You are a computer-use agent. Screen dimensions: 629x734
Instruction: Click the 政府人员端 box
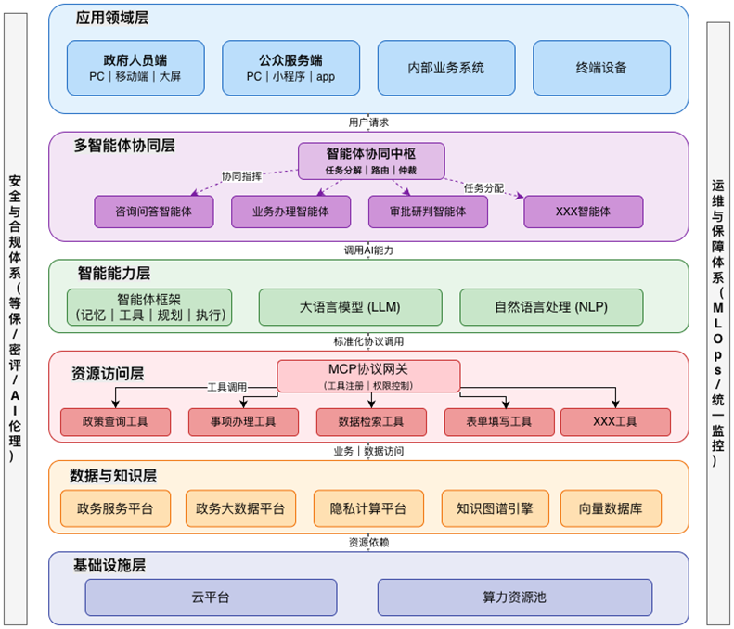(x=136, y=67)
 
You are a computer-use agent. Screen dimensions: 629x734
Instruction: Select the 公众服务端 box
(x=290, y=67)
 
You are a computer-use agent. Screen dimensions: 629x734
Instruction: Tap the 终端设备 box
(x=600, y=67)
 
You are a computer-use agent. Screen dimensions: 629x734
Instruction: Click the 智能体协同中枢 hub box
(x=371, y=160)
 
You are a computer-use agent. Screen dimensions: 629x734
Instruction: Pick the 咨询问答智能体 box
(x=154, y=212)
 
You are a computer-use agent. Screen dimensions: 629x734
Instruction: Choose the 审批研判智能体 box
(x=429, y=212)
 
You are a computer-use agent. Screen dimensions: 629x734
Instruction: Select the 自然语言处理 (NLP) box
(x=551, y=307)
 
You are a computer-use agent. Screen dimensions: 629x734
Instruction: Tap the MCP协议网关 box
(x=368, y=375)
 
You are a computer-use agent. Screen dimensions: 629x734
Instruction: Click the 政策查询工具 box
(x=115, y=422)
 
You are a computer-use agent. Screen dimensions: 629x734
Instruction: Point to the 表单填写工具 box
(x=499, y=422)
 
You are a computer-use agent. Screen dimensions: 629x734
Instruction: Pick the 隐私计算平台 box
(x=368, y=507)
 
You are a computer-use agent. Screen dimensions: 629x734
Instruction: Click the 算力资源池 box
(x=514, y=597)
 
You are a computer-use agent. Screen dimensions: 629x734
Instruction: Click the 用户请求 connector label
(x=368, y=122)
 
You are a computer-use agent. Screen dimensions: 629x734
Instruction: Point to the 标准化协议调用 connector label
(x=368, y=341)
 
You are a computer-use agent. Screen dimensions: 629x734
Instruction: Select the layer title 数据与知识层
(x=113, y=476)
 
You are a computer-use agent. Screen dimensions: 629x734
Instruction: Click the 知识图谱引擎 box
(x=495, y=507)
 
